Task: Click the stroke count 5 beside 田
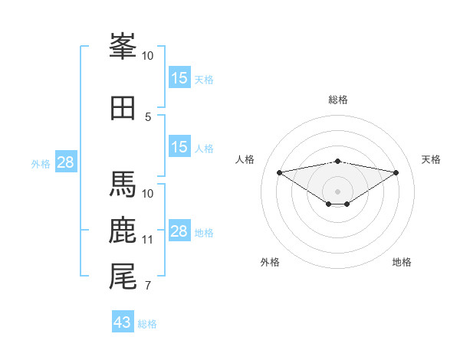148,116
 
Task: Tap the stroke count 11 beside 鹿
148,240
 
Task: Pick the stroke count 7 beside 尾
148,286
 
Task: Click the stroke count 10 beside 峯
148,56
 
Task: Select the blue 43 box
123,322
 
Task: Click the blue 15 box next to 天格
179,78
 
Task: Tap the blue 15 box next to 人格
179,147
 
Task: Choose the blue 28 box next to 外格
65,162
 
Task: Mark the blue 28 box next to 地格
179,231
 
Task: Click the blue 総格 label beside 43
147,324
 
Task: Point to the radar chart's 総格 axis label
338,100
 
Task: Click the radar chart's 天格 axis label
432,159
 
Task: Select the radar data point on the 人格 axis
279,172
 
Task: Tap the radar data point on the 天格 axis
396,172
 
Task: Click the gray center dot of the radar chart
337,191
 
